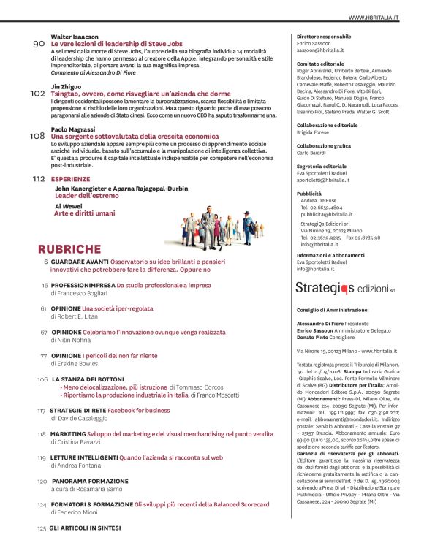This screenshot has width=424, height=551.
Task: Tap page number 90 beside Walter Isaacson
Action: (39, 44)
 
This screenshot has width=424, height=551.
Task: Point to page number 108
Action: (37, 136)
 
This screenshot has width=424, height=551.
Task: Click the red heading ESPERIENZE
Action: (71, 178)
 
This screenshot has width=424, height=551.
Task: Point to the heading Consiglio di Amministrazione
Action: (332, 310)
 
